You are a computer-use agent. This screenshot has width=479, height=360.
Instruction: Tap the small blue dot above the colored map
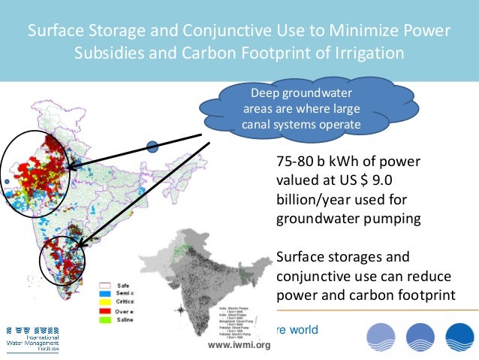[x=152, y=147]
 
